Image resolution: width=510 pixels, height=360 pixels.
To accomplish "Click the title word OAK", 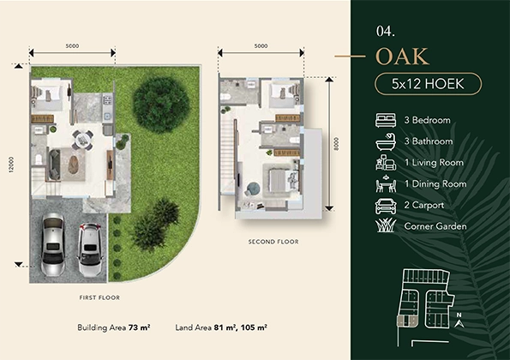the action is coord(402,57).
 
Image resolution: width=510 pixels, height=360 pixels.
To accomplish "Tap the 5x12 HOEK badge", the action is coord(428,84).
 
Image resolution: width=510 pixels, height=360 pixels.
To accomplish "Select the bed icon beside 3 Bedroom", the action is coord(386,120).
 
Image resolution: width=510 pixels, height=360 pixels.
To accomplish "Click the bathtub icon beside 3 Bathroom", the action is coord(386,141).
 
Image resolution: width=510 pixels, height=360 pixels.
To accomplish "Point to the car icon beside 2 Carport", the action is coord(386,206).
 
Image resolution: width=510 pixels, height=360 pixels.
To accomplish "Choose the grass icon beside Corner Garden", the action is coord(386,225).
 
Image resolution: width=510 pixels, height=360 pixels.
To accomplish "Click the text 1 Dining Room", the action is coord(435,183).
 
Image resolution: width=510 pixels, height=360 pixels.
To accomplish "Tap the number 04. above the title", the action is coord(386,31).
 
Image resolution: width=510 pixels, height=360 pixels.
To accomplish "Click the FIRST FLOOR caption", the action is coord(99,297).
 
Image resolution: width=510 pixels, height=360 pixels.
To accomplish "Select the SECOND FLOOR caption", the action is coord(273,242).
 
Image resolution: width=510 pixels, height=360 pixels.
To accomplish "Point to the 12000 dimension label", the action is coord(12,165).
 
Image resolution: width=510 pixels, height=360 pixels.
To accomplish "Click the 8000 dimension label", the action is coord(336,144).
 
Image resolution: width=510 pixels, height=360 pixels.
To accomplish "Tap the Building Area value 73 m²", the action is coord(139,327).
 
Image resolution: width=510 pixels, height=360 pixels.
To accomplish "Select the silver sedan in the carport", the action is coord(53,244).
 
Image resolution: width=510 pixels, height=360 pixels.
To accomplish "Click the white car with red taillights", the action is coord(90,249).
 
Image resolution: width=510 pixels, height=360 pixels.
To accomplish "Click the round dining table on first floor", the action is coord(82,140).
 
